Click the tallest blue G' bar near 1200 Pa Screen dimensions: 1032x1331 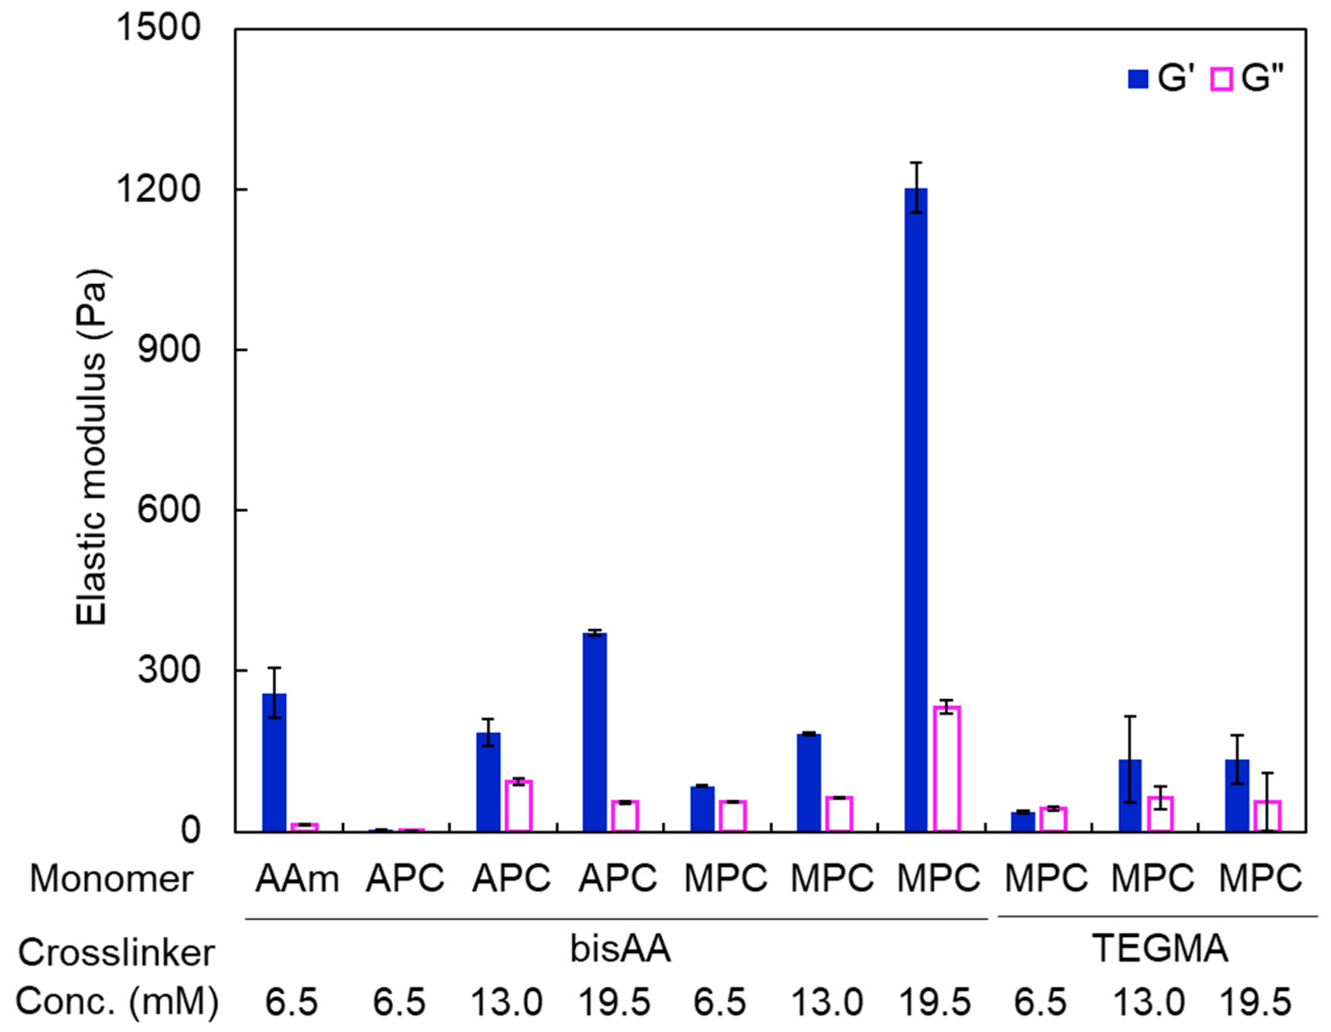click(915, 509)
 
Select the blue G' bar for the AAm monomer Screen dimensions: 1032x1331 click(274, 762)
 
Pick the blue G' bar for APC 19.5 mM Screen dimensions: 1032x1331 click(595, 732)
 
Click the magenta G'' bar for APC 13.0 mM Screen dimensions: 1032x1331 click(518, 805)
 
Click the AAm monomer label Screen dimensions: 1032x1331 click(297, 879)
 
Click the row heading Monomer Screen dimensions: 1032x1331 click(111, 879)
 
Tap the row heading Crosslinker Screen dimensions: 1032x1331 click(116, 952)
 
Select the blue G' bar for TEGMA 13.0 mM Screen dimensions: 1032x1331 click(1130, 795)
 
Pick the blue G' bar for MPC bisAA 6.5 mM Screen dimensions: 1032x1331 click(702, 808)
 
